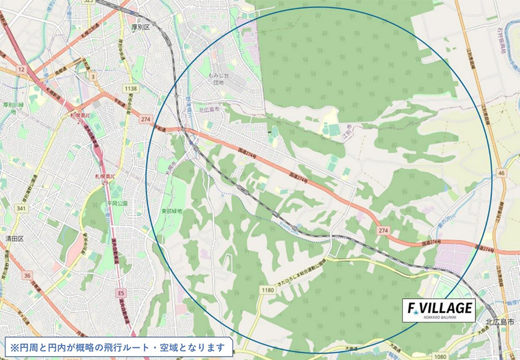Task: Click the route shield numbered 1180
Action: pos(267,291)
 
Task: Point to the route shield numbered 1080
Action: pos(440,356)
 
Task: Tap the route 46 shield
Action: pos(502,173)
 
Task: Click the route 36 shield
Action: pos(27,275)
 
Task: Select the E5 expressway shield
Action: pos(121,293)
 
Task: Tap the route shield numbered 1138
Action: pos(131,88)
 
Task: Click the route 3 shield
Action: pos(93,77)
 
